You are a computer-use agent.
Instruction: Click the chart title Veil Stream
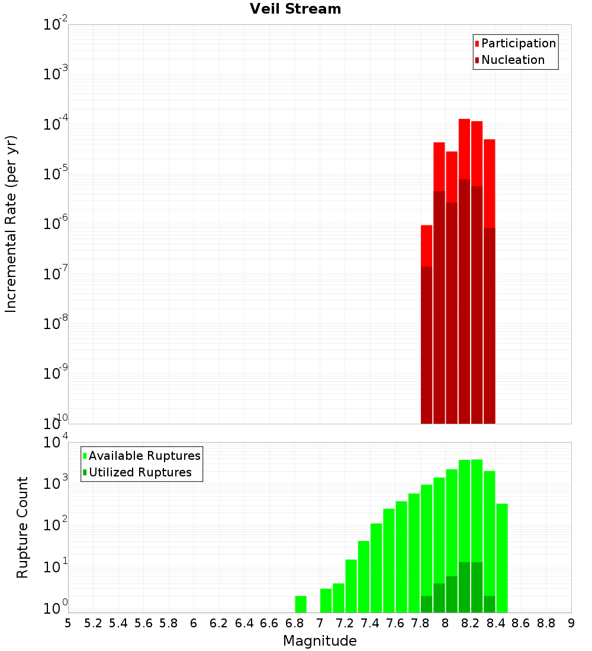(x=295, y=9)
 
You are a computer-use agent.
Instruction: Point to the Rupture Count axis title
(x=22, y=527)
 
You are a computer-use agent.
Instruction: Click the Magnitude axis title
(x=320, y=641)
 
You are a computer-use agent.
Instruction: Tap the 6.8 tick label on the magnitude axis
(x=294, y=623)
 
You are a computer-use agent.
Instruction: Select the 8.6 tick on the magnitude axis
(x=521, y=623)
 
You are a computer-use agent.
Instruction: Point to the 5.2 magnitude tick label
(x=93, y=623)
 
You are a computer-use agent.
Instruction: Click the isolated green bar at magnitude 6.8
(x=301, y=604)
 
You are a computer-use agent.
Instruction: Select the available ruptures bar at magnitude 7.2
(x=351, y=586)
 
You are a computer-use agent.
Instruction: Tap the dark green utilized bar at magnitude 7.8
(x=426, y=604)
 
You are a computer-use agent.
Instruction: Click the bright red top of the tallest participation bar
(x=464, y=148)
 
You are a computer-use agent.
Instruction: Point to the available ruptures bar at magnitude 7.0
(x=326, y=600)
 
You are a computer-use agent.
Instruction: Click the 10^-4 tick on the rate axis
(x=56, y=124)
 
